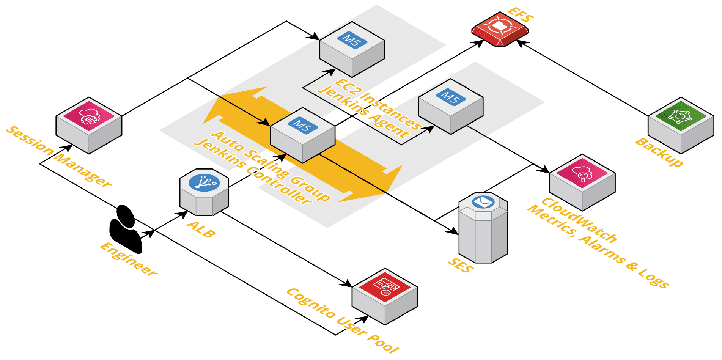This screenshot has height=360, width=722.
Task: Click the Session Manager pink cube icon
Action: pyautogui.click(x=89, y=125)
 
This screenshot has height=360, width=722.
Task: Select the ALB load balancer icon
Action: pyautogui.click(x=204, y=192)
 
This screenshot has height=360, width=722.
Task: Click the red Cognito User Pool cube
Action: pyautogui.click(x=385, y=296)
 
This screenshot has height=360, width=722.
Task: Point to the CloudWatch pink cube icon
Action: pyautogui.click(x=582, y=182)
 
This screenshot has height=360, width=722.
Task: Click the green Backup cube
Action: pyautogui.click(x=681, y=125)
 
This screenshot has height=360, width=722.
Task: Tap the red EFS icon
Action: pyautogui.click(x=500, y=29)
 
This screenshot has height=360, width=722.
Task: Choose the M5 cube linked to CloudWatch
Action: pyautogui.click(x=451, y=106)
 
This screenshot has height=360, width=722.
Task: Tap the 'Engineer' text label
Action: pyautogui.click(x=128, y=259)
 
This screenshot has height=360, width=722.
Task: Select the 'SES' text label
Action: pyautogui.click(x=461, y=265)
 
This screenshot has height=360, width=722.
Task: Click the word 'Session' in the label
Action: pyautogui.click(x=30, y=141)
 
